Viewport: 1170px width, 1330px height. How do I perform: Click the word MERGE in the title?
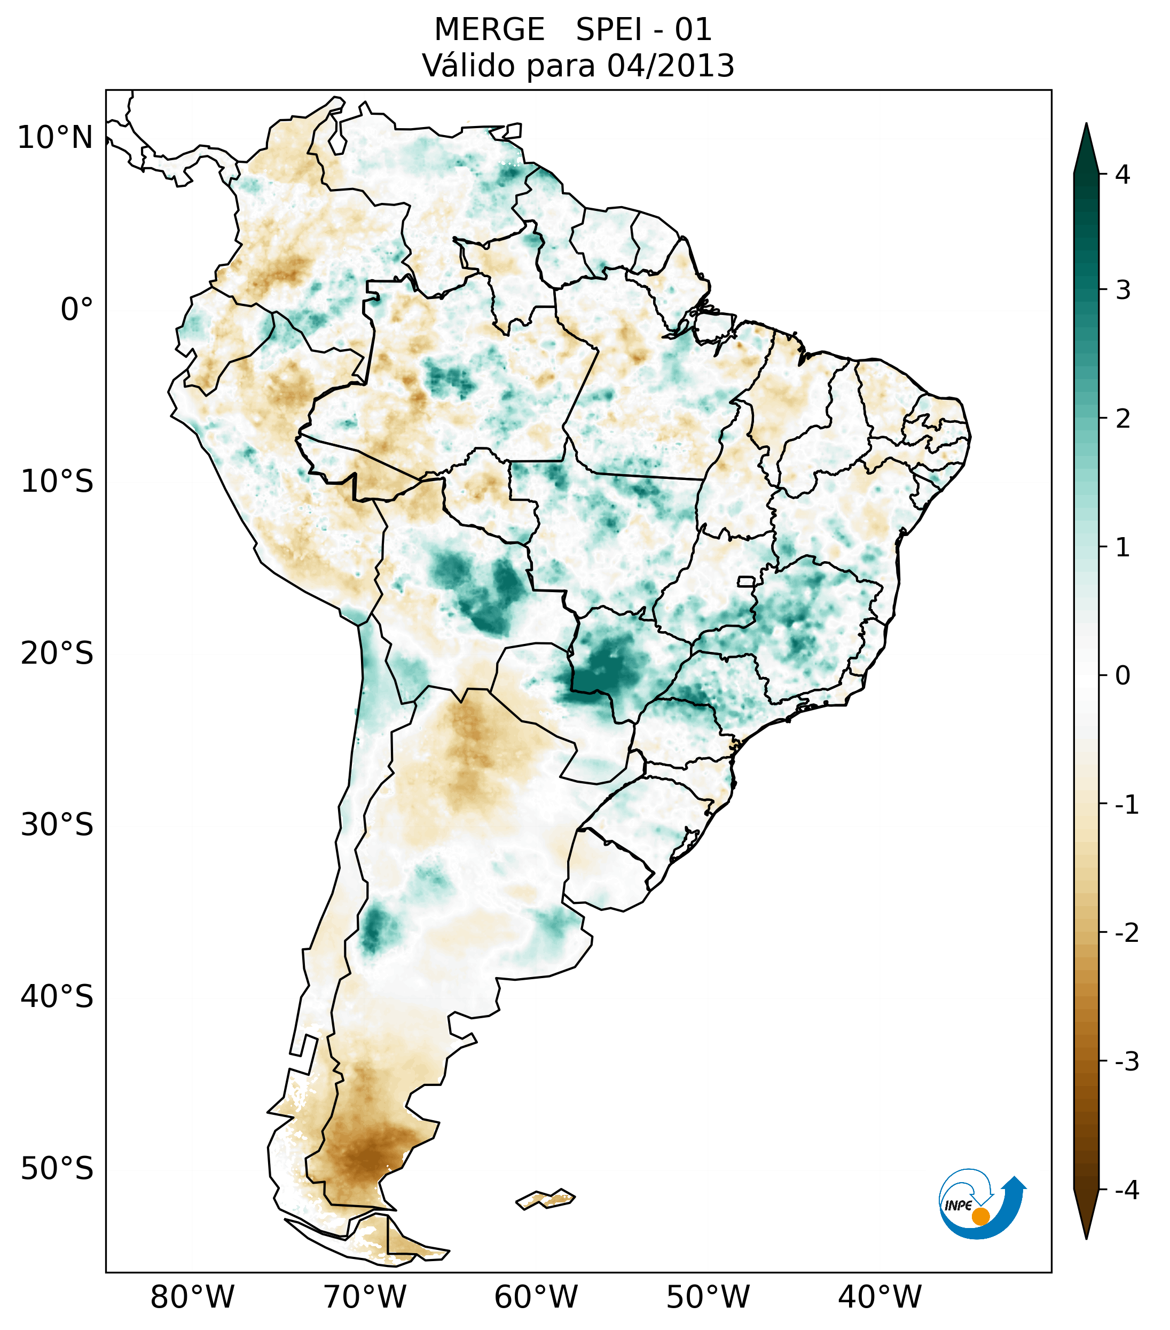coord(489,30)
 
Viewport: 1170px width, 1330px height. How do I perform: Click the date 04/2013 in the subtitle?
coord(670,66)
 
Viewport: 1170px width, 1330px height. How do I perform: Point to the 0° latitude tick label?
coord(77,310)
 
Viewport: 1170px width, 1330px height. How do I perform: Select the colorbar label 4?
coord(1122,175)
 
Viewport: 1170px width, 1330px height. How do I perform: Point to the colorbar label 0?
coord(1122,676)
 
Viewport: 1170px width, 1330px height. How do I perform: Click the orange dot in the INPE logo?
coord(980,1216)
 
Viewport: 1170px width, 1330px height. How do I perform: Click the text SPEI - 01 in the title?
coord(643,30)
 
